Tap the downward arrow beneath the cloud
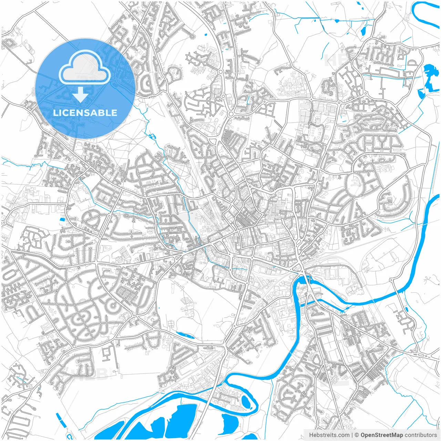pyautogui.click(x=81, y=94)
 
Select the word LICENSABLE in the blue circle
pyautogui.click(x=85, y=113)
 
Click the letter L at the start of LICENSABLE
pyautogui.click(x=55, y=113)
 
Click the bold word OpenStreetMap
pyautogui.click(x=382, y=435)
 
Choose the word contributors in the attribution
pyautogui.click(x=421, y=435)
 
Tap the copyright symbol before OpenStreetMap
pyautogui.click(x=357, y=435)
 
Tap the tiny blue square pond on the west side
pyautogui.click(x=62, y=219)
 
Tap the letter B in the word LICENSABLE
pyautogui.click(x=103, y=113)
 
